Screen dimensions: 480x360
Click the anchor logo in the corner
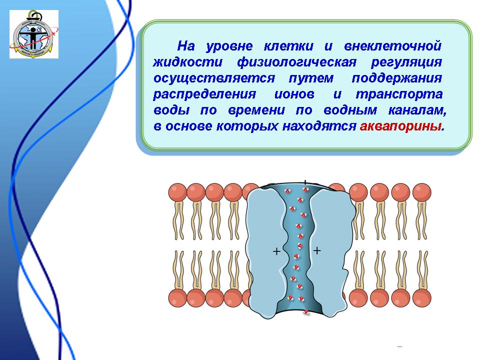pos(34,34)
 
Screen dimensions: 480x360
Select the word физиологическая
pos(296,62)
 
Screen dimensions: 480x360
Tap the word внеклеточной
pos(393,46)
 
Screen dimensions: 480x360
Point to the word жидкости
pos(187,62)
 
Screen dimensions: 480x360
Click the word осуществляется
pos(214,78)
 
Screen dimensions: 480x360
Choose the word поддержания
pos(396,78)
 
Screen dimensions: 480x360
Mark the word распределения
pos(204,94)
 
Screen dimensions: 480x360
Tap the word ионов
pos(294,94)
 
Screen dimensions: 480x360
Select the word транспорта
pos(399,94)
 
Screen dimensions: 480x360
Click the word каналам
pos(417,110)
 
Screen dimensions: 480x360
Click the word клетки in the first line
pos(288,46)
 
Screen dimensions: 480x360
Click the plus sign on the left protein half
pos(276,251)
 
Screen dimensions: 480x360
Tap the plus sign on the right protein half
pos(317,250)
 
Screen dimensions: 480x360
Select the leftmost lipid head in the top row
pos(177,192)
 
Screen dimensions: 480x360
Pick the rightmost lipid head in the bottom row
pos(422,298)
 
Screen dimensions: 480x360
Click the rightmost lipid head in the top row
pos(422,192)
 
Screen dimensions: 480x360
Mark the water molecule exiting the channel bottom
pos(306,311)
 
